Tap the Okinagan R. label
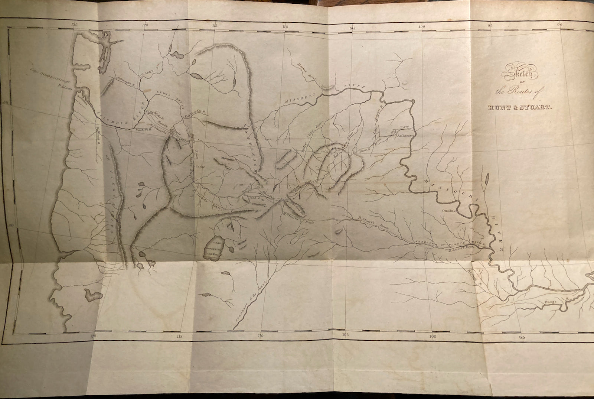(123, 82)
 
